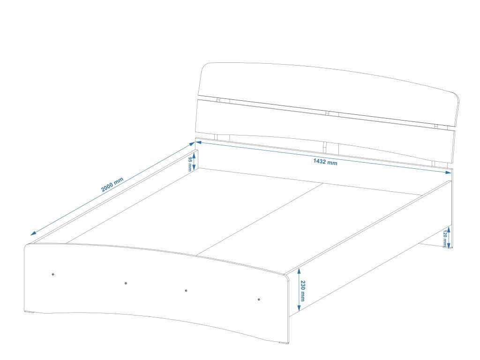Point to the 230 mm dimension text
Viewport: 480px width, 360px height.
point(303,291)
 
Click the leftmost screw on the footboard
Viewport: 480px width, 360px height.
point(53,274)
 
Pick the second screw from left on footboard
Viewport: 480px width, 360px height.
point(126,283)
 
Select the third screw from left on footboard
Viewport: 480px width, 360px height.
point(186,291)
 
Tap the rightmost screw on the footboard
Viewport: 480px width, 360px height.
point(259,299)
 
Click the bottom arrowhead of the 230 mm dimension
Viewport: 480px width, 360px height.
point(299,309)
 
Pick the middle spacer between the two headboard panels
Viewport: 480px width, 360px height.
point(328,113)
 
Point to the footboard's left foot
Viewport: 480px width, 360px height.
point(32,313)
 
